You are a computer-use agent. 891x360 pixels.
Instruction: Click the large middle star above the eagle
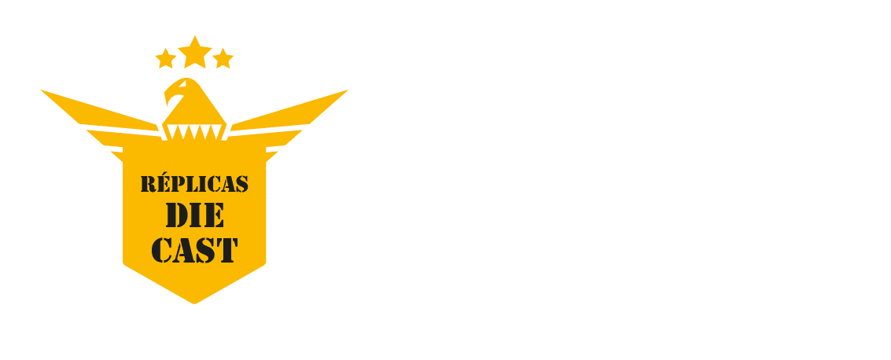pos(194,53)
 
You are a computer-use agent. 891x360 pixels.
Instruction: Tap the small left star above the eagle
pos(165,58)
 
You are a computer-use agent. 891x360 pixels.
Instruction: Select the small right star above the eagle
pos(223,58)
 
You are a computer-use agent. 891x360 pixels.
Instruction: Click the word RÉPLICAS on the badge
pos(194,185)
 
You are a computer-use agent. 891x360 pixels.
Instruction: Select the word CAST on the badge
pos(194,250)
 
